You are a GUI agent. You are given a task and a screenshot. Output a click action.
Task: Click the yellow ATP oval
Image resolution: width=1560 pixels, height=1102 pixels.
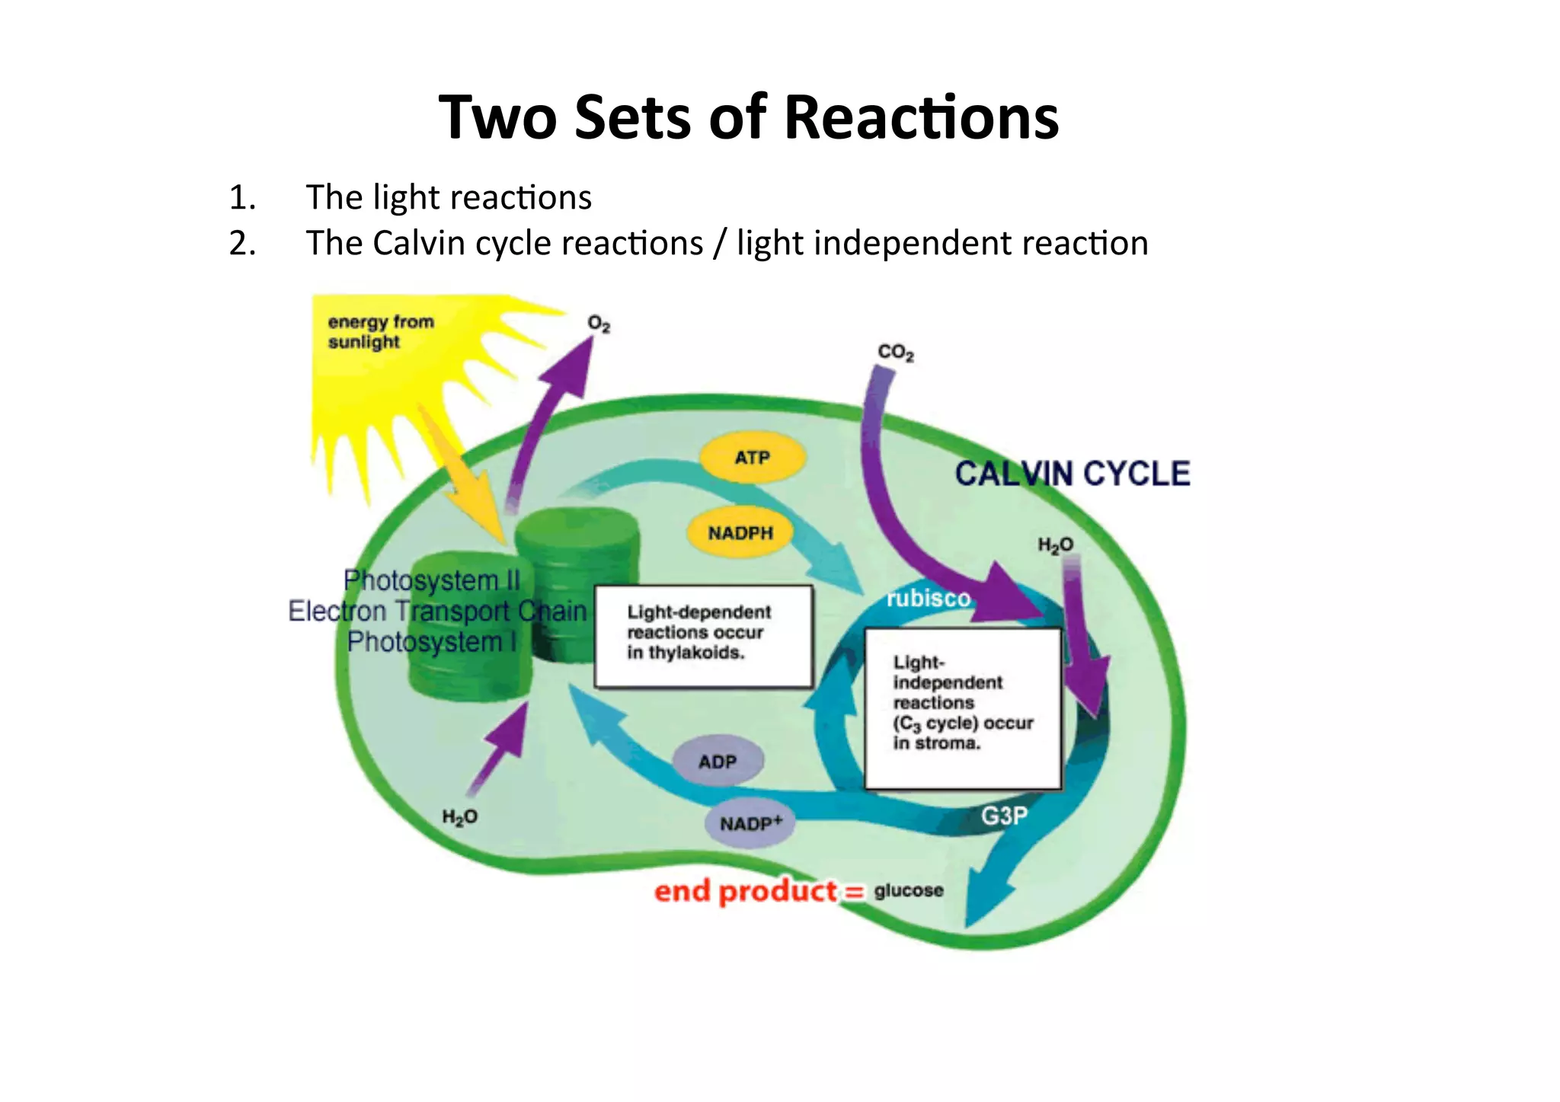(752, 458)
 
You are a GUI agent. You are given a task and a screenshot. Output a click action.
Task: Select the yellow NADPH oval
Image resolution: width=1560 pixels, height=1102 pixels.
(740, 532)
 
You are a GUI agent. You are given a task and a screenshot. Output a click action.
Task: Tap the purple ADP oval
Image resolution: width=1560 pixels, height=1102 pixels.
(718, 762)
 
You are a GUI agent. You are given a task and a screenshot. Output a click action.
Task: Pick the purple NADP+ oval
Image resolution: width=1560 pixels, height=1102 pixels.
(750, 823)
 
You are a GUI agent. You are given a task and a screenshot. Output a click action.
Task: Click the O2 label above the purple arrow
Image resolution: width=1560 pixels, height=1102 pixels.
(599, 324)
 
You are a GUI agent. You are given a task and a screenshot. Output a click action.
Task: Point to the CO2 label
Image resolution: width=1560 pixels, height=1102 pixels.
(895, 353)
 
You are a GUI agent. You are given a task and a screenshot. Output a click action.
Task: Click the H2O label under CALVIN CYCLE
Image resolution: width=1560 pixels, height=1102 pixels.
(1055, 545)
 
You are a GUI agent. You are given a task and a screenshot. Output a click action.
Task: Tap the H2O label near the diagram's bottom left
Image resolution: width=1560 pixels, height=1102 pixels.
(459, 817)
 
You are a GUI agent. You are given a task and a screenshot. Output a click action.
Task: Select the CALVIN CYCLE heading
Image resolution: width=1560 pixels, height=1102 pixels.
(1072, 474)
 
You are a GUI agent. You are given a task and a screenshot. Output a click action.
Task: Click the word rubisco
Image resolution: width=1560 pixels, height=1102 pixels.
(929, 599)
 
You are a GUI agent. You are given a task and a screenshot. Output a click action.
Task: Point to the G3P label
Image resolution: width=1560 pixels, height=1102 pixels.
(1004, 816)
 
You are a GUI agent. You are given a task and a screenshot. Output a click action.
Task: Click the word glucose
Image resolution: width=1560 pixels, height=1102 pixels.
(908, 890)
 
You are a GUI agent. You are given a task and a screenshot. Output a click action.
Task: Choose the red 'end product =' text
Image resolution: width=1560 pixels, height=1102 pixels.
(759, 891)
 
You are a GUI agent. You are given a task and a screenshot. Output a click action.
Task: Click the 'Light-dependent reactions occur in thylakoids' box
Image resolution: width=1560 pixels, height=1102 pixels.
(703, 636)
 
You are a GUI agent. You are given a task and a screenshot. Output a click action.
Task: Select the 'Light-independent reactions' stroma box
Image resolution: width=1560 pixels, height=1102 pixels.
(963, 708)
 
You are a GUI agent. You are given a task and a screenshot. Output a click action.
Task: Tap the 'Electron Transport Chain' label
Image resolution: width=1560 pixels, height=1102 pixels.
(437, 611)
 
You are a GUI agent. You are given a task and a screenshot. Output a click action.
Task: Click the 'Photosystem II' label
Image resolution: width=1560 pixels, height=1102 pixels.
(431, 580)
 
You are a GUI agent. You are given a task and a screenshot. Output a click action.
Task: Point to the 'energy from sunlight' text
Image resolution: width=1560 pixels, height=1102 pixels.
(380, 331)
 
